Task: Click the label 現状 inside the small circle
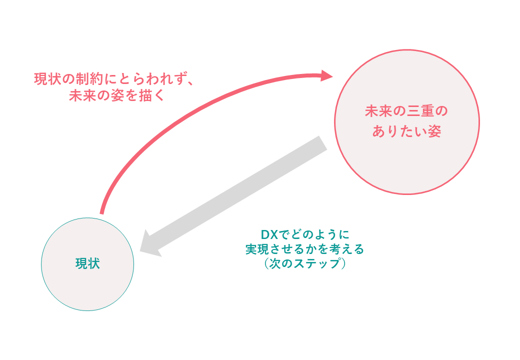click(87, 264)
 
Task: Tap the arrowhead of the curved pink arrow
click(326, 75)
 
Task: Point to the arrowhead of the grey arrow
click(149, 244)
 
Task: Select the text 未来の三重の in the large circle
click(406, 111)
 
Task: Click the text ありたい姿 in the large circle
click(406, 131)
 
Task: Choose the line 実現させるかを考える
click(304, 249)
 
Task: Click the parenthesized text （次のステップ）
click(304, 264)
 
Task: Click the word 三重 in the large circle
click(413, 111)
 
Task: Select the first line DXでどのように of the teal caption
click(304, 234)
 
